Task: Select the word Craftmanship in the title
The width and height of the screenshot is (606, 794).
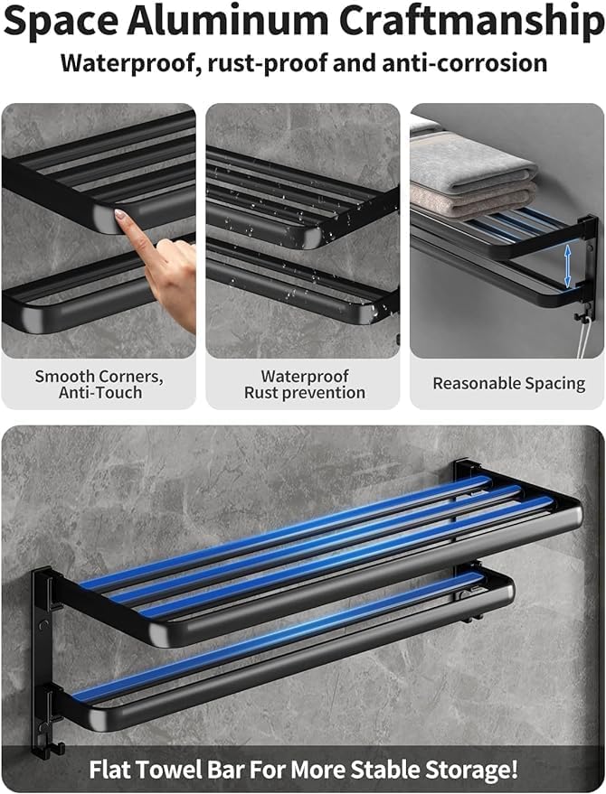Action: click(x=471, y=23)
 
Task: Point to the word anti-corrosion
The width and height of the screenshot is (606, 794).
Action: click(x=465, y=63)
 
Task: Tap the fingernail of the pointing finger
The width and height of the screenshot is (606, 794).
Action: click(x=120, y=215)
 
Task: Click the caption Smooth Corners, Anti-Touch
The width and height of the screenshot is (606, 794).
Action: click(x=99, y=384)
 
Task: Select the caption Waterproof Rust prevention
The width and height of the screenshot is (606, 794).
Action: click(x=305, y=384)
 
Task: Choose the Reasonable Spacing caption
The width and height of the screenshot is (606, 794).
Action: click(x=508, y=384)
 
